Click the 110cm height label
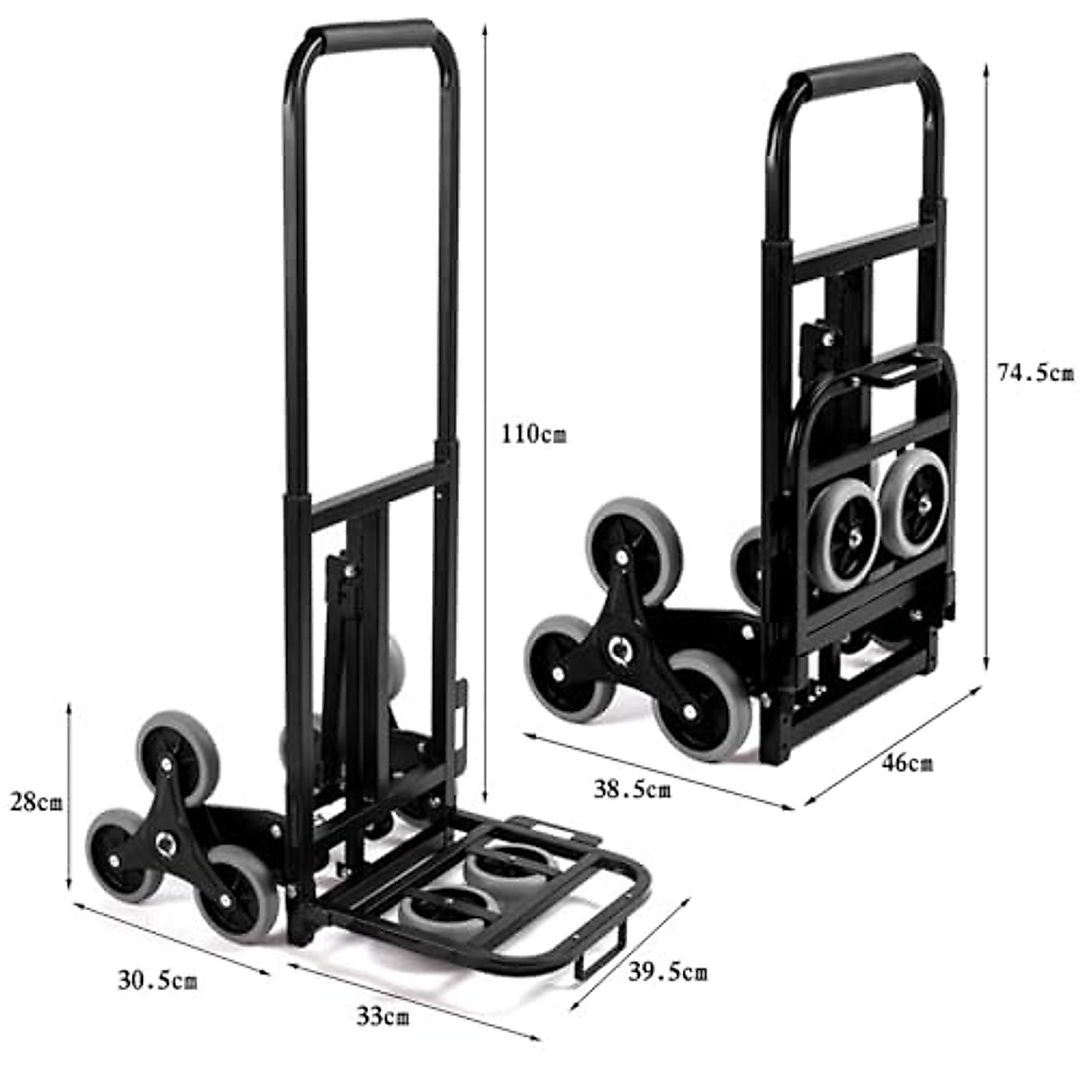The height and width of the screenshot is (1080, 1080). [x=535, y=435]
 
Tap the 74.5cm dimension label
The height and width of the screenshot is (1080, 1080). [x=1035, y=372]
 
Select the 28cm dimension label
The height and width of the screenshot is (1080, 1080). [x=37, y=801]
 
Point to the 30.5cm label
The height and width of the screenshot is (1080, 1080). [x=157, y=979]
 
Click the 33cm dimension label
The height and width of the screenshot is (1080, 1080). [x=382, y=1018]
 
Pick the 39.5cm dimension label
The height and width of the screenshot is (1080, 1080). [x=668, y=971]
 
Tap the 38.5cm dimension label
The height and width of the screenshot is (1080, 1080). [x=632, y=789]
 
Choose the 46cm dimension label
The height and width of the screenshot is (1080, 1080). [x=906, y=763]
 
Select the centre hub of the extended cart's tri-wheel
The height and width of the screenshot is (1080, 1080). [x=165, y=842]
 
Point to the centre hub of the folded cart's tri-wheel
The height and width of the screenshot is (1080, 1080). [x=618, y=648]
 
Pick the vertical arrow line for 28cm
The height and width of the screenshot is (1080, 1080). [x=69, y=796]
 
